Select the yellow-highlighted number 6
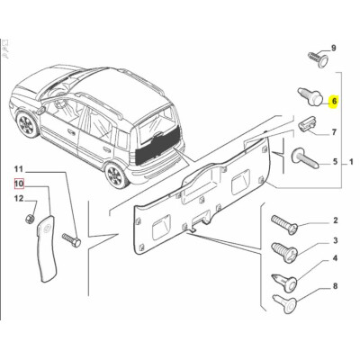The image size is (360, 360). pos(333,103)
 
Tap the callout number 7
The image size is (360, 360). pos(333,132)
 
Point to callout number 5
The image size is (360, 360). pos(333,162)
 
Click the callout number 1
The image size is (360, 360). pos(353,162)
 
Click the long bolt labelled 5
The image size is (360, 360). pos(303,163)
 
